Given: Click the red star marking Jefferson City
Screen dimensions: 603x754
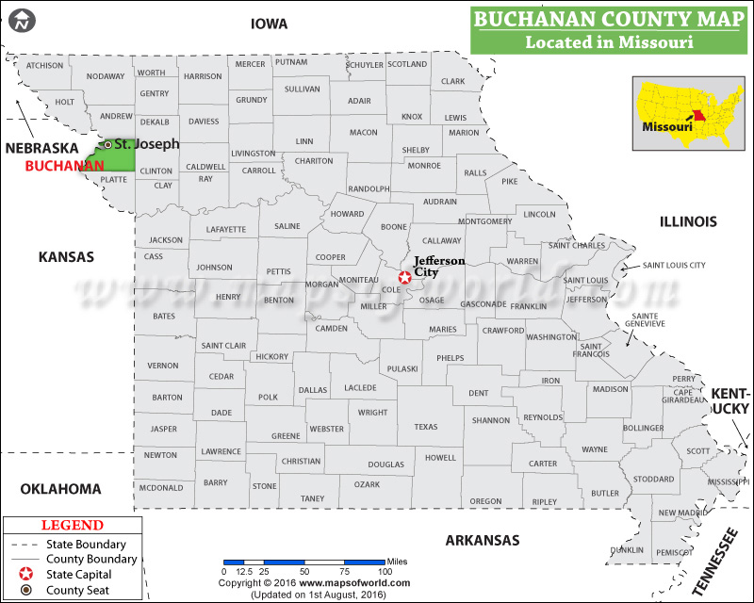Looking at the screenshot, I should coord(405,277).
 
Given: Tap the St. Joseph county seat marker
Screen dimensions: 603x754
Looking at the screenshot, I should coord(107,144).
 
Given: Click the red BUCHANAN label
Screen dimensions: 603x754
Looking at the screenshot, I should coord(64,166).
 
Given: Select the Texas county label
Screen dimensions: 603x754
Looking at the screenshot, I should coord(426,427).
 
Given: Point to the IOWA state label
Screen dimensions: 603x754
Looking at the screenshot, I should coord(269,24).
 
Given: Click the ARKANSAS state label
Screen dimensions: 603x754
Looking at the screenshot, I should coord(484,540).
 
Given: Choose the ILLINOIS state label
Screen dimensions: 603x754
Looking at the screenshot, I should coord(688,221).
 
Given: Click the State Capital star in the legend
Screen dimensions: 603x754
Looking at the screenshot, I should coord(25,574).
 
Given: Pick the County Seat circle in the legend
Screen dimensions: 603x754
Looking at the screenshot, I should coord(25,590).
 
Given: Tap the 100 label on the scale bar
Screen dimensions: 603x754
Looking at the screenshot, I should coord(385,572).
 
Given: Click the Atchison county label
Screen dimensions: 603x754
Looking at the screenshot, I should coord(44,65).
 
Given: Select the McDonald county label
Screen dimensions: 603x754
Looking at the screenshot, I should coord(161,487).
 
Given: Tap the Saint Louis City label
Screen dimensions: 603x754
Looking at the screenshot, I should coord(674,266).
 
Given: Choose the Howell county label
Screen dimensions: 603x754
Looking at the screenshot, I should coord(440,458).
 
